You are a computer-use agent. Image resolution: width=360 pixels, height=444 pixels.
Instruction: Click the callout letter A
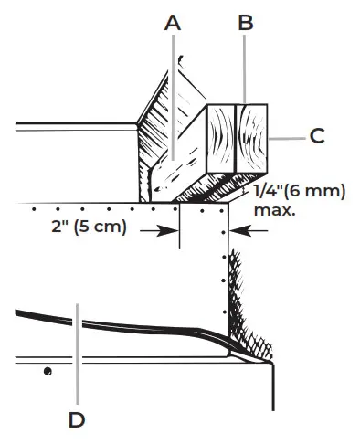click(173, 23)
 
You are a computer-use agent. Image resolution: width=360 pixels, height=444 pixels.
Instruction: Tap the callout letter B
click(246, 23)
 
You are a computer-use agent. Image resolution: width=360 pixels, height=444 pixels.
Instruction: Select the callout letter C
click(317, 136)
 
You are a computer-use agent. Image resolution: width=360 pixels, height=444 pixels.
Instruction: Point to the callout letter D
click(77, 420)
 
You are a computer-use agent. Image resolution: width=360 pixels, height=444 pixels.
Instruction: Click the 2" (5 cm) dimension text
click(89, 227)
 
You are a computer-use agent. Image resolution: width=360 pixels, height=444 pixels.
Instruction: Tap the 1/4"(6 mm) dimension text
click(300, 192)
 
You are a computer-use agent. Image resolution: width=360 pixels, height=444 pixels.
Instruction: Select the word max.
click(274, 210)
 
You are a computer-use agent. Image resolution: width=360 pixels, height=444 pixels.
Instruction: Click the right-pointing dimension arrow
click(159, 231)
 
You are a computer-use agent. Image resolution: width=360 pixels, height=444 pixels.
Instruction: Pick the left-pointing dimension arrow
click(249, 231)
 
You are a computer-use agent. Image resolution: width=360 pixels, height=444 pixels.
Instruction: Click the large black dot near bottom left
click(48, 372)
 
